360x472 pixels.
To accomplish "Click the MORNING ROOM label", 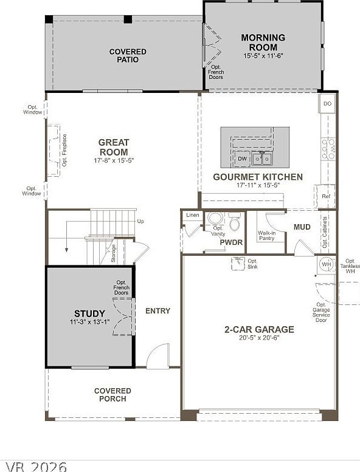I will pyautogui.click(x=263, y=43).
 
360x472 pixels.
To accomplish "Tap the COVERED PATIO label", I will pyautogui.click(x=128, y=56).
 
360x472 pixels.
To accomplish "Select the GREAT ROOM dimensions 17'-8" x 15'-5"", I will pyautogui.click(x=113, y=161).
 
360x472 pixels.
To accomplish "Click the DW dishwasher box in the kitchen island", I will pyautogui.click(x=242, y=159).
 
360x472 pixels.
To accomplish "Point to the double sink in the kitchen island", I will pyautogui.click(x=263, y=159).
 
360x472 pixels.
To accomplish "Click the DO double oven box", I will pyautogui.click(x=327, y=104).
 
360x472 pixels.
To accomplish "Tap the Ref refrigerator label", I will pyautogui.click(x=326, y=196).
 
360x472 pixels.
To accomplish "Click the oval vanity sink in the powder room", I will pyautogui.click(x=215, y=218).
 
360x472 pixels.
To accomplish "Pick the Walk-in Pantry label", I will pyautogui.click(x=266, y=235).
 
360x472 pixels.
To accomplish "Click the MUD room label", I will pyautogui.click(x=302, y=227).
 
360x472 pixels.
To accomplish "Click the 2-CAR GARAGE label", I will pyautogui.click(x=259, y=329).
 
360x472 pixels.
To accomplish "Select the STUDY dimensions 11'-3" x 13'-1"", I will pyautogui.click(x=90, y=323).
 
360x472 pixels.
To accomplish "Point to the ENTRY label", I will pyautogui.click(x=157, y=311).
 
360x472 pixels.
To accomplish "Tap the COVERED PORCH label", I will pyautogui.click(x=112, y=395).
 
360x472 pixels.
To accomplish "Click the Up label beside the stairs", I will pyautogui.click(x=141, y=221).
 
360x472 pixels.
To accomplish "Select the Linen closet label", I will pyautogui.click(x=192, y=215).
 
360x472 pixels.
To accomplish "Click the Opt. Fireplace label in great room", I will pyautogui.click(x=64, y=150).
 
